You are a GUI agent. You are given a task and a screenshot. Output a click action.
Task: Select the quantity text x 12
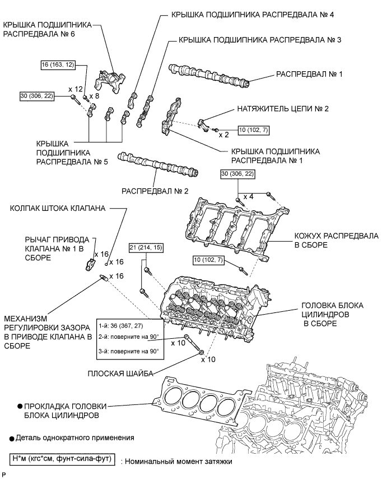click(x=75, y=89)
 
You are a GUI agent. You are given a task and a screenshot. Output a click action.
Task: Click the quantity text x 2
click(x=224, y=135)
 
